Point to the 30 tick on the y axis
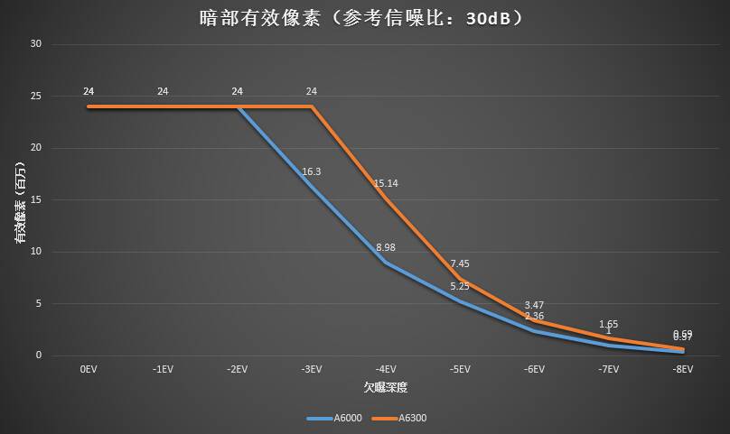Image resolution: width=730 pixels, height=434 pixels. pos(36,43)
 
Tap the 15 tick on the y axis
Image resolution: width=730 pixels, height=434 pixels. pos(36,199)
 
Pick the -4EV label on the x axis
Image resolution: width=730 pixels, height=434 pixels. pos(386,370)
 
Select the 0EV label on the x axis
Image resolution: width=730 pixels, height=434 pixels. pos(89,370)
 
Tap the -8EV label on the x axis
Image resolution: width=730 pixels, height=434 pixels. pos(683,370)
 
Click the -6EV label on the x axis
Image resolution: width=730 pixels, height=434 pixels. pos(535,370)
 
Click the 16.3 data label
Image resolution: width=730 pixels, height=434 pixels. pos(312,171)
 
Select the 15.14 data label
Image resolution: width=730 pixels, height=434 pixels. pos(386,183)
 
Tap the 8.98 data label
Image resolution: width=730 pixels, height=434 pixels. pos(386,247)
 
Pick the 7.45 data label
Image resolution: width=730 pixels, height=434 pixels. pos(460,263)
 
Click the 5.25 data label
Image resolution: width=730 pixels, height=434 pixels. pos(460,286)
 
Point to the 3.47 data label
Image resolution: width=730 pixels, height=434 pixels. pos(534,305)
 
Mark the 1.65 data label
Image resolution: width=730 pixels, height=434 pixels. pos(608,324)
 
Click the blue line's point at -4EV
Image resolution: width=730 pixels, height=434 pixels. pos(386,263)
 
